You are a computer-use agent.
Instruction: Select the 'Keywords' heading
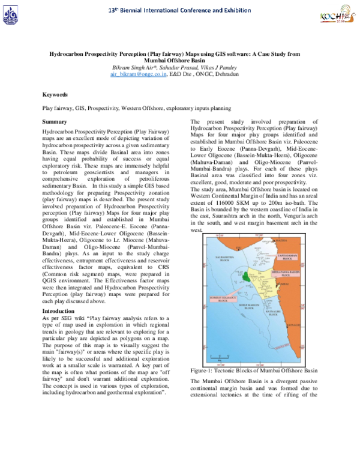(x=55, y=95)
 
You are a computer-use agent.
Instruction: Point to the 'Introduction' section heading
(x=58, y=311)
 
